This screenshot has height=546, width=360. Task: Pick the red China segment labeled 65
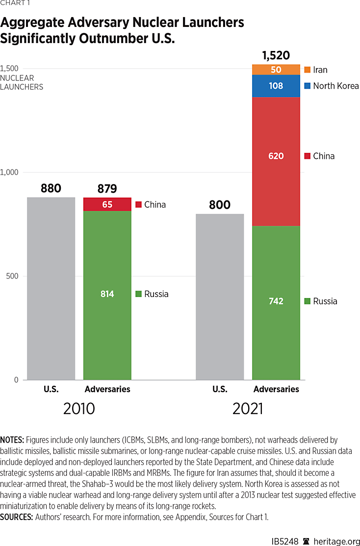107,204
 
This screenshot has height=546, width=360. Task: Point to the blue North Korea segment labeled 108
276,86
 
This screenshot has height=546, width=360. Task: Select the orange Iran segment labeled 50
276,70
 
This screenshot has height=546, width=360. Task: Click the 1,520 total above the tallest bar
276,55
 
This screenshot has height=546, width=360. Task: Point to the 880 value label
51,188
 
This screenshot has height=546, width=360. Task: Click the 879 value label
107,189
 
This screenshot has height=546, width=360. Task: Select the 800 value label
220,204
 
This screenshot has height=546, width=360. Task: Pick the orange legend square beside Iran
308,70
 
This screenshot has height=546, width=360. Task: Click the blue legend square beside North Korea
308,86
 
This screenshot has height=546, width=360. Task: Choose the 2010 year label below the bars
79,408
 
